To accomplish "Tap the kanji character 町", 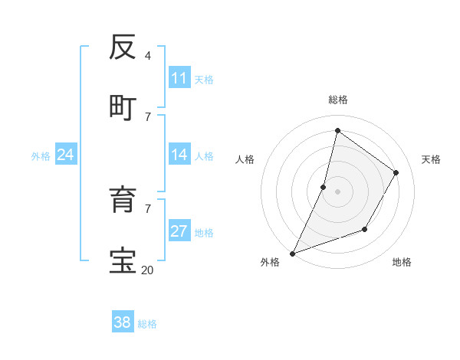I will point(123,107).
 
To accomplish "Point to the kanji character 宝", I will point(123,260).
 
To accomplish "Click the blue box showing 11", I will point(179,78).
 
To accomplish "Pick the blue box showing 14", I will point(179,155).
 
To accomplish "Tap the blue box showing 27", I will point(179,231).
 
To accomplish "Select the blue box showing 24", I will point(66,155).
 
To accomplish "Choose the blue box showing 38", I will point(123,323).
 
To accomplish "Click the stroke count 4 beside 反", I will point(148,56).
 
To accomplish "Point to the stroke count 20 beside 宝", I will point(147,270).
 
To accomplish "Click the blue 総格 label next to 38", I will point(147,324).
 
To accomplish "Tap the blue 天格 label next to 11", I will point(204,79).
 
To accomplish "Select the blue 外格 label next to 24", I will point(41,156).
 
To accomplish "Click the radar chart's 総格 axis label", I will point(337,100).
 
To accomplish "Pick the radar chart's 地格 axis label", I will point(402,262).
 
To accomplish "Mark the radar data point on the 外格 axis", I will point(292,253).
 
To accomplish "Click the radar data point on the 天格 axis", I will point(396,172).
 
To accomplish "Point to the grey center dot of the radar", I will point(337,191).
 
